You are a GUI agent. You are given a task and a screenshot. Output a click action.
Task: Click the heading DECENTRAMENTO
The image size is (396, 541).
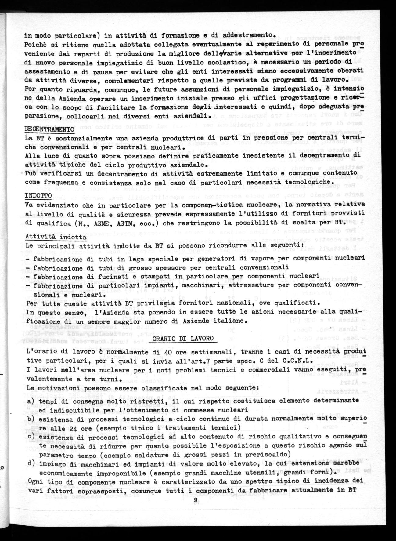pyautogui.click(x=49, y=129)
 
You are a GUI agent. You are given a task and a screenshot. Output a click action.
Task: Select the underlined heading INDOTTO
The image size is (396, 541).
pyautogui.click(x=38, y=195)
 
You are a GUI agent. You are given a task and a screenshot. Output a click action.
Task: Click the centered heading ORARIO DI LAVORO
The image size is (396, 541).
pyautogui.click(x=183, y=339)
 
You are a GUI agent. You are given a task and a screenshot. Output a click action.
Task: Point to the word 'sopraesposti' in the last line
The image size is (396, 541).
pyautogui.click(x=88, y=490)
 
